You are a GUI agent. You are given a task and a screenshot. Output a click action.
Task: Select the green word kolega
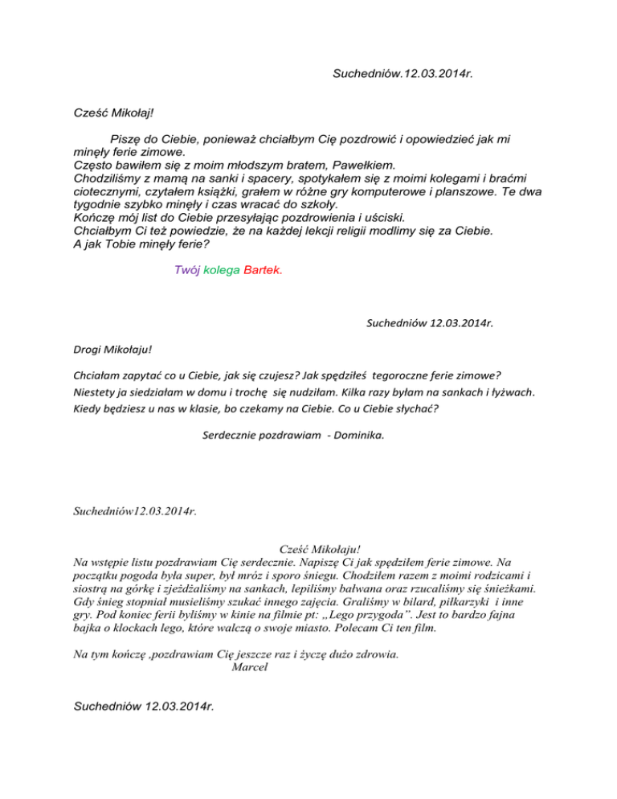click(222, 271)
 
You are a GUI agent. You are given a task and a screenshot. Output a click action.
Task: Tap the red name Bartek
click(262, 271)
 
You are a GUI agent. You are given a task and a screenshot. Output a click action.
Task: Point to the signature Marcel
click(249, 667)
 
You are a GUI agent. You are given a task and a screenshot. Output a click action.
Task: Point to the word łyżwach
click(513, 393)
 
